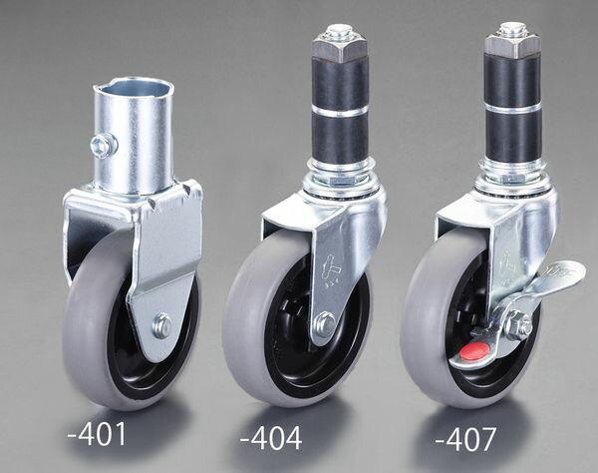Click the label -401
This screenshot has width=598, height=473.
click(97, 434)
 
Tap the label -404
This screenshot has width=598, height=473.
click(271, 438)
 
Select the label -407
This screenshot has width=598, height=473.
click(465, 439)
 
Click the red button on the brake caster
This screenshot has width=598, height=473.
click(474, 349)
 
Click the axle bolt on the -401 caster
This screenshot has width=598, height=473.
click(162, 325)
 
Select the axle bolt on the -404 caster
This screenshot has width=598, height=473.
click(325, 323)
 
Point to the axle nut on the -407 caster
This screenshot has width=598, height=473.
click(517, 324)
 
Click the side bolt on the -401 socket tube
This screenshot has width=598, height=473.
click(104, 144)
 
